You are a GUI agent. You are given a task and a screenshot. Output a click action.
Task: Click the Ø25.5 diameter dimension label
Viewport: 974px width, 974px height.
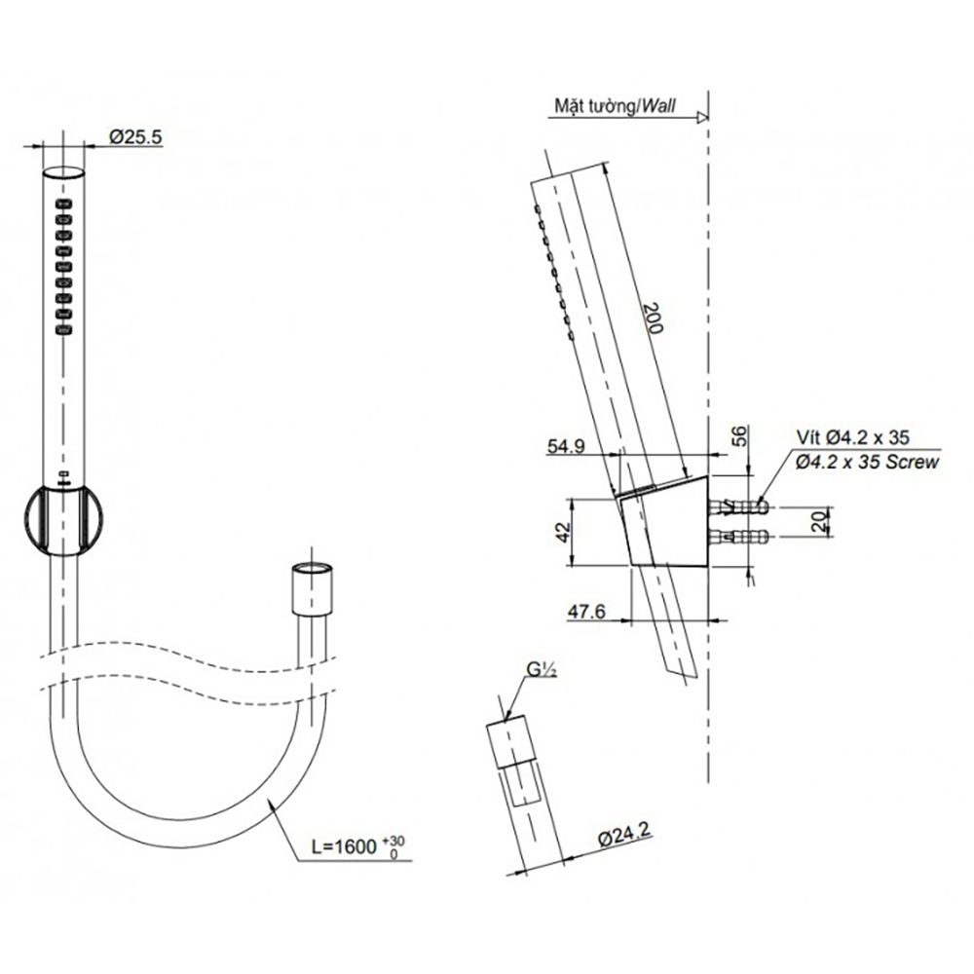136,136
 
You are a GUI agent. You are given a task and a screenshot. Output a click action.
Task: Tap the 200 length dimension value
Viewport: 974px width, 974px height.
653,318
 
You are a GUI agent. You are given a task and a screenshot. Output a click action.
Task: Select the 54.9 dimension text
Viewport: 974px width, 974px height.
565,447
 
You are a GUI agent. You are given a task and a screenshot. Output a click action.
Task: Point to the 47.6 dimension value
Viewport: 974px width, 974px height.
585,612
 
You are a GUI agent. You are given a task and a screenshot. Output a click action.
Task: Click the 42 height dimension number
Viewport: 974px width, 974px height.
562,532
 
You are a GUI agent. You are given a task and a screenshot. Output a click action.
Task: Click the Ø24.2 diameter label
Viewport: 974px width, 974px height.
624,838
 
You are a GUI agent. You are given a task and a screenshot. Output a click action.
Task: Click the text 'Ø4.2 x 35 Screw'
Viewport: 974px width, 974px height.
867,462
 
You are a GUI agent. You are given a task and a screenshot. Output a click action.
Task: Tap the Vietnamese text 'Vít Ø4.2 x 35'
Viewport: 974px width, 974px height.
852,437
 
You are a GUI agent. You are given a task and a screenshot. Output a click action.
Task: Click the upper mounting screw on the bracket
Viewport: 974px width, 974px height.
739,506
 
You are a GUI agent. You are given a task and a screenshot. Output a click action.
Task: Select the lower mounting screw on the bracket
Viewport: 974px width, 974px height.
739,536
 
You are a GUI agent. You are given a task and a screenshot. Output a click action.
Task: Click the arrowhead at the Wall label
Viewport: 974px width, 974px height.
702,118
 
